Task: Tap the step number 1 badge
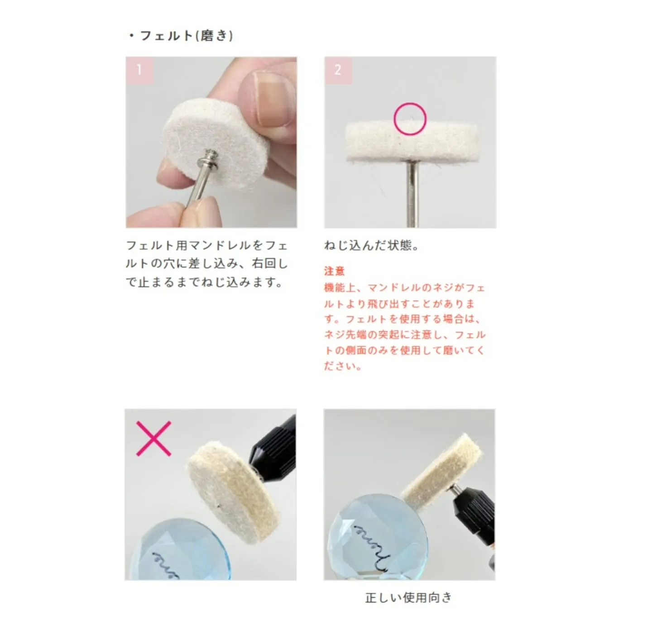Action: click(x=139, y=70)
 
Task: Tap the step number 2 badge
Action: click(x=337, y=70)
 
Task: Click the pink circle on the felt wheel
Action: click(x=410, y=119)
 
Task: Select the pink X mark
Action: click(x=154, y=438)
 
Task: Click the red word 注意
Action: click(x=334, y=271)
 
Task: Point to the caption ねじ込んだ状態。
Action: click(x=371, y=245)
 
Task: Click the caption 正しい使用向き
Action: click(x=408, y=597)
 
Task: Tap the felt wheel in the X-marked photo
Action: click(x=233, y=491)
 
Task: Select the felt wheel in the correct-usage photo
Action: click(x=441, y=471)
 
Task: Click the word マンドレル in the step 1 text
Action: click(x=220, y=245)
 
